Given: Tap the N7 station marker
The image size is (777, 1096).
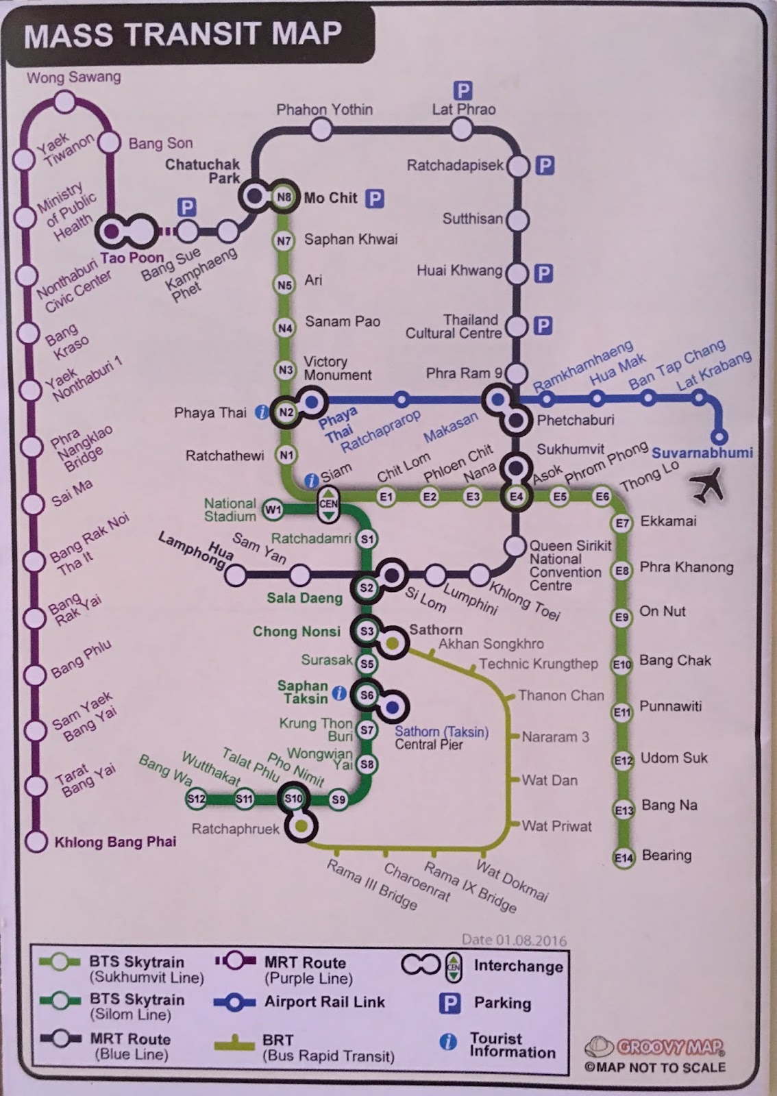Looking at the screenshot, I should tap(284, 240).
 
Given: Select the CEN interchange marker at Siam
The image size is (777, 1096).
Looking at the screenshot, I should tap(328, 503).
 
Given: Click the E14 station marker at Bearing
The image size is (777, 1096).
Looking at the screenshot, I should tap(624, 858).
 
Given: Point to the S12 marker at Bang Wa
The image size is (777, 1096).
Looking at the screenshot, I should tap(197, 799).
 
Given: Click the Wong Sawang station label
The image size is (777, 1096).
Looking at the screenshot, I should tap(73, 77).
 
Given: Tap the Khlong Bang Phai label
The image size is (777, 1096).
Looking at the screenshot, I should tap(115, 842).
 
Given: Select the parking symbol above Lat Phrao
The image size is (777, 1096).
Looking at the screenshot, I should tap(463, 90).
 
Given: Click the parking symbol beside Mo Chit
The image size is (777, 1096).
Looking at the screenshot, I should tap(374, 199).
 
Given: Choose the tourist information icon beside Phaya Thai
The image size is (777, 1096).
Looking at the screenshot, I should tap(261, 412).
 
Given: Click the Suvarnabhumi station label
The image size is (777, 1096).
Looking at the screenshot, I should tap(702, 453).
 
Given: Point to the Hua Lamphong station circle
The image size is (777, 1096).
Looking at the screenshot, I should tap(236, 576).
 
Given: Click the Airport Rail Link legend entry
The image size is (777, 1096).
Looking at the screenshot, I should tap(324, 1002).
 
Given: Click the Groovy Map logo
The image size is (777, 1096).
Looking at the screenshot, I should tap(656, 1047).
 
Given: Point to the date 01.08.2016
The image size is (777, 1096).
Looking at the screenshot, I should tap(514, 940).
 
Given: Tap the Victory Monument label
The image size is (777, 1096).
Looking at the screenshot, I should tap(337, 368).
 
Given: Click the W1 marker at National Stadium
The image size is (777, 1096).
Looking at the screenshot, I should tap(273, 509).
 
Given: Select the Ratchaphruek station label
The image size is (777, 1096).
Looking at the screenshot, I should tap(235, 829).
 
